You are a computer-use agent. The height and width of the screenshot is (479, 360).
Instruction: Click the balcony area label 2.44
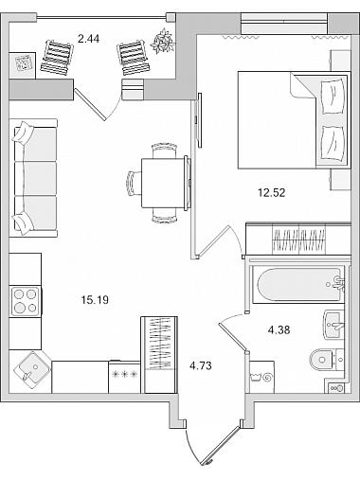[88, 39]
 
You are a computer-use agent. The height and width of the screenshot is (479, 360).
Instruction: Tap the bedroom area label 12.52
[272, 192]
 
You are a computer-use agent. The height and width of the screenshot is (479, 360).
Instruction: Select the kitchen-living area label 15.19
[95, 300]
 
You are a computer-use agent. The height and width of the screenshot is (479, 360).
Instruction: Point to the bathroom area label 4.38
[279, 330]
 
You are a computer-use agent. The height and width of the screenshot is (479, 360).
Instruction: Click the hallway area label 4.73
[201, 366]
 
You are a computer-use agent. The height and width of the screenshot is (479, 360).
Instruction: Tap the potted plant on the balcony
[163, 41]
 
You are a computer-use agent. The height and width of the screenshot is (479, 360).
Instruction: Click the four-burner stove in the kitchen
[26, 301]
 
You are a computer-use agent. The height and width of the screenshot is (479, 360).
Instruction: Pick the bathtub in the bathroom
[298, 285]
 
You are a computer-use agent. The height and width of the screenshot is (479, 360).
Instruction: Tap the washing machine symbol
[261, 377]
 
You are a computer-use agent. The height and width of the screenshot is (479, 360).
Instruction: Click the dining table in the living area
[163, 183]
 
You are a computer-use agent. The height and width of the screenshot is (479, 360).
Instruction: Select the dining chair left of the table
[134, 183]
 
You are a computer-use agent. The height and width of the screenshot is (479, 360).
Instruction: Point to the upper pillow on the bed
[332, 97]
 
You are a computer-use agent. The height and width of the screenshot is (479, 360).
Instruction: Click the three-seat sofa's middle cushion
[36, 179]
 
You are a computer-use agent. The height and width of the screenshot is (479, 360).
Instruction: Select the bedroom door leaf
[212, 240]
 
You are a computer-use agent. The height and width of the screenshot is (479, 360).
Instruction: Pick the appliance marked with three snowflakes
[124, 377]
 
